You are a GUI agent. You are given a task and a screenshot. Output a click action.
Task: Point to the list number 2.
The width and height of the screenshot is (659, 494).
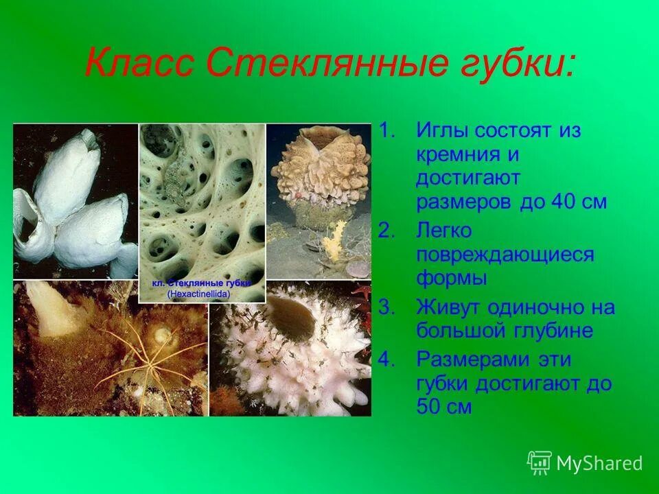click(387, 232)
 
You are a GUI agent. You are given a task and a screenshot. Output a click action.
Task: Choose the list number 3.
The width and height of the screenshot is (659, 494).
click(387, 307)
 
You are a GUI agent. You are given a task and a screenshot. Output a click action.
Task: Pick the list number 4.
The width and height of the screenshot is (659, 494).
click(387, 359)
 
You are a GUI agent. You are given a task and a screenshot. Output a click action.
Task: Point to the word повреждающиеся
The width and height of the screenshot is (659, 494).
click(505, 255)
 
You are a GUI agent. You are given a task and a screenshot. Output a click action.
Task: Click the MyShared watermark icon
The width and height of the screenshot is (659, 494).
click(540, 463)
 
